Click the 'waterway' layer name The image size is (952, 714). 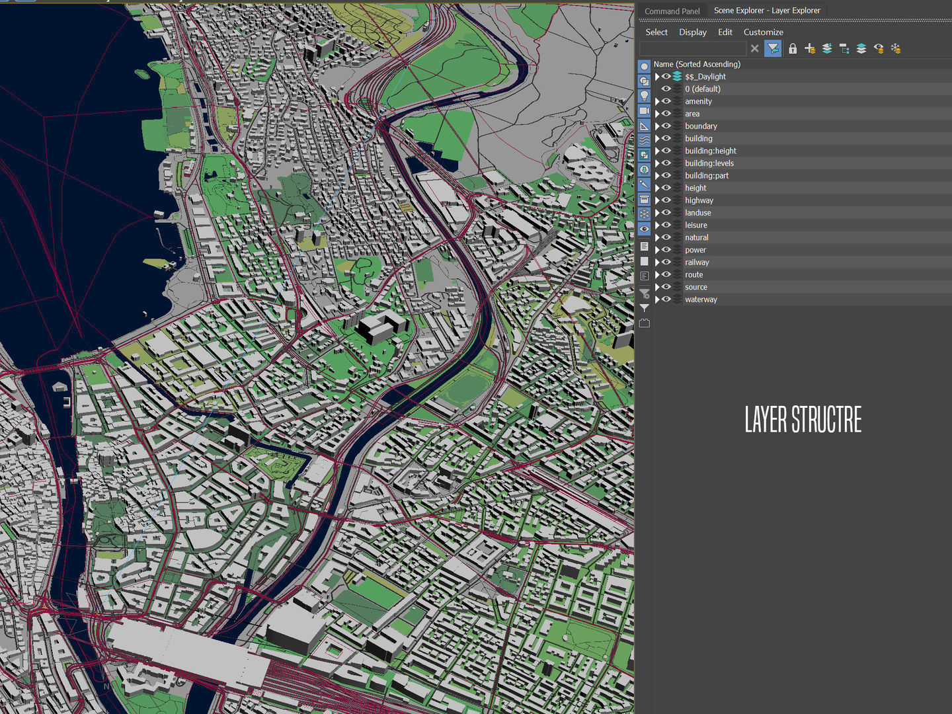(x=701, y=299)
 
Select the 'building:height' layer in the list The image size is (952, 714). (x=710, y=151)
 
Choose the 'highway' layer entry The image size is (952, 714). (x=699, y=200)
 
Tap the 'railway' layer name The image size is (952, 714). (x=697, y=262)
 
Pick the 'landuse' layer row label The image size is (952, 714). (x=697, y=213)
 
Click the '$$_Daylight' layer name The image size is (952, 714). (x=705, y=77)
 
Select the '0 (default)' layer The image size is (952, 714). (x=702, y=89)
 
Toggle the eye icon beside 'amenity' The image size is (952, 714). (x=666, y=101)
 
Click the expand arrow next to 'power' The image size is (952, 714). (x=657, y=250)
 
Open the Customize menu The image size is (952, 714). (x=763, y=32)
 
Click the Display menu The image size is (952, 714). (x=692, y=32)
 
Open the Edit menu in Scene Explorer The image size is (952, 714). (x=725, y=32)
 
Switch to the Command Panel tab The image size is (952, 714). (x=672, y=11)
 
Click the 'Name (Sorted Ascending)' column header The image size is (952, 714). (x=697, y=64)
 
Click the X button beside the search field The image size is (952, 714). (x=754, y=48)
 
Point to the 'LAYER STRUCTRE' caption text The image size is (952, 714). (x=803, y=419)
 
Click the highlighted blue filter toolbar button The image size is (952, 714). (x=772, y=48)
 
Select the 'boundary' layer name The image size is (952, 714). (x=701, y=126)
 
